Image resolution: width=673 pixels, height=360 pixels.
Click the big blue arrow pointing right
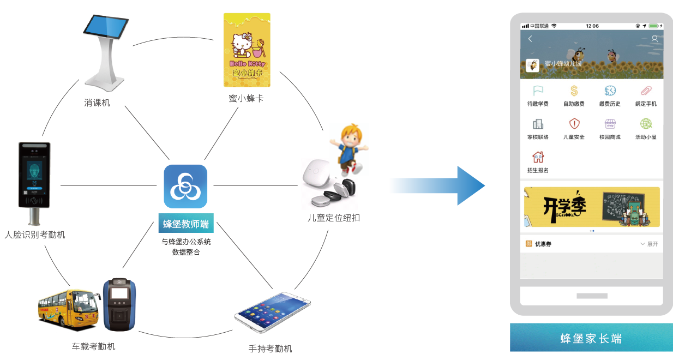tap(436, 186)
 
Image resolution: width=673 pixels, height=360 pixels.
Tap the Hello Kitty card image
tap(247, 50)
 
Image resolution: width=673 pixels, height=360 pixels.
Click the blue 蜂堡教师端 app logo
tap(185, 187)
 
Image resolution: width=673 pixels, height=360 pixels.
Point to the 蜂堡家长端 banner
tap(591, 338)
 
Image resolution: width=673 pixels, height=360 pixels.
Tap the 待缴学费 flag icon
tap(538, 91)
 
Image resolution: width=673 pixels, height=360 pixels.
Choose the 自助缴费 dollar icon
tap(574, 91)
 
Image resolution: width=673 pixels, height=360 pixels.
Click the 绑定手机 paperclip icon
tap(646, 91)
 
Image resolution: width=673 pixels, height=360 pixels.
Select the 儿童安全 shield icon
tap(574, 124)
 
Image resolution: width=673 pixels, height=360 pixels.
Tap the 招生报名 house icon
tap(538, 157)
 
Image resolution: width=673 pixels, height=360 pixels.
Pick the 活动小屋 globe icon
tap(646, 124)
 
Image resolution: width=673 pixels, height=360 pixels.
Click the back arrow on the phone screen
tap(530, 39)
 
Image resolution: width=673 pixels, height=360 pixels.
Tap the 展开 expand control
tap(649, 244)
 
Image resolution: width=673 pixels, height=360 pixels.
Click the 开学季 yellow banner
tap(591, 207)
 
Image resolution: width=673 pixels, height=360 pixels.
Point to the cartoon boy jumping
tap(347, 147)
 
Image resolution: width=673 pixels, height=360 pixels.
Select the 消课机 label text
tap(97, 102)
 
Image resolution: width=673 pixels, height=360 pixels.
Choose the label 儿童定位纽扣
tap(333, 218)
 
